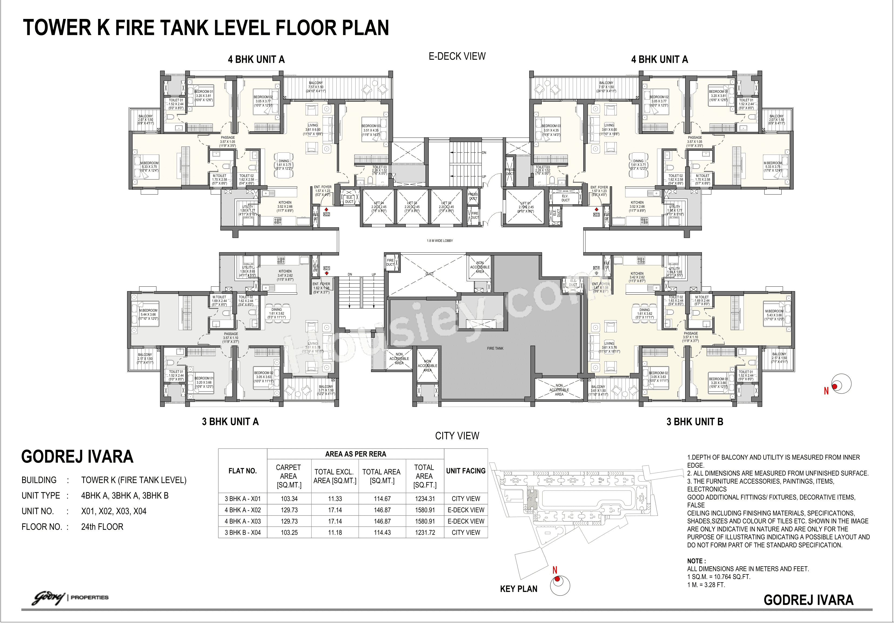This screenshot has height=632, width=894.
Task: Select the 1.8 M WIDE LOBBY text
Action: coord(440,241)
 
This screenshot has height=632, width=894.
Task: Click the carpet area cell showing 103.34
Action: coord(289,499)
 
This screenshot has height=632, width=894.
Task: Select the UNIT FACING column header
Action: coord(466,471)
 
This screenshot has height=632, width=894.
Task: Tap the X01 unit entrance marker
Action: coord(327,268)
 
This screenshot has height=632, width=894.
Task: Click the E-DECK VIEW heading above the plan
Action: coord(457,56)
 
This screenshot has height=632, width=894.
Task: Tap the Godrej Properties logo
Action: coord(70,597)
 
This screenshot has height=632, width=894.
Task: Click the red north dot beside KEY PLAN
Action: coord(557,579)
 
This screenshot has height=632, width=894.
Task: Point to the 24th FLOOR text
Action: coord(102,527)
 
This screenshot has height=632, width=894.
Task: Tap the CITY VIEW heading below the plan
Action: coord(457,436)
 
